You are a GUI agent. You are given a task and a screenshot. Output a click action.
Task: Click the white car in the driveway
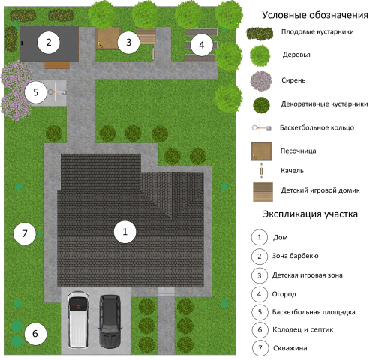(x=78, y=319)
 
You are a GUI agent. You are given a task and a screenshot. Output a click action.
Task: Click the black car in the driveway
(x=110, y=321)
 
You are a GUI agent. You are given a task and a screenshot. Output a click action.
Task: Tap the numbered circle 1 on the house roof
(x=125, y=232)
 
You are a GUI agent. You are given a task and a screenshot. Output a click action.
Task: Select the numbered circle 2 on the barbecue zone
(x=49, y=43)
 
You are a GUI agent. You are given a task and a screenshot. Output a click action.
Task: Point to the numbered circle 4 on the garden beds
(x=202, y=45)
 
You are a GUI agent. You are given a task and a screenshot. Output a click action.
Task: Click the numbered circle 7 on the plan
(x=25, y=233)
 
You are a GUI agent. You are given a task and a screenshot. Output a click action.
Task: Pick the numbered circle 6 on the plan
(x=35, y=334)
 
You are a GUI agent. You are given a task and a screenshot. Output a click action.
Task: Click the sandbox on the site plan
(x=108, y=38)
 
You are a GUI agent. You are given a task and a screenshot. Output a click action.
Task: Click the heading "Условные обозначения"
(x=315, y=15)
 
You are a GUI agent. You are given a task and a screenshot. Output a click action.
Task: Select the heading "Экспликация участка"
(x=310, y=214)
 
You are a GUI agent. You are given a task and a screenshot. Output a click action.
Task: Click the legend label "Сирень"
(x=293, y=80)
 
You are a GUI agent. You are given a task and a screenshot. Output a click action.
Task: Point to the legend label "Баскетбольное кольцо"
(x=317, y=127)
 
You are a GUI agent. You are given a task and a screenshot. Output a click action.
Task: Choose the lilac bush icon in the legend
(x=261, y=81)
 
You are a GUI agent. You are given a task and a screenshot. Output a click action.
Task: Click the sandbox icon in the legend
(x=261, y=151)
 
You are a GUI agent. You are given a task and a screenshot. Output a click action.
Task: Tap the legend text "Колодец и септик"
(x=302, y=329)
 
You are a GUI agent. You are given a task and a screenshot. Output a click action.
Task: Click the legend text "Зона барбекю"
(x=295, y=256)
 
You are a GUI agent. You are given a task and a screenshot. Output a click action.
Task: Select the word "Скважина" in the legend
(x=290, y=348)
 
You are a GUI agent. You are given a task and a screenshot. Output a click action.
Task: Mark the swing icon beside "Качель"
(x=262, y=171)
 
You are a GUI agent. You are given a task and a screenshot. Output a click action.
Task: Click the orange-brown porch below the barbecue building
(x=57, y=65)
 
